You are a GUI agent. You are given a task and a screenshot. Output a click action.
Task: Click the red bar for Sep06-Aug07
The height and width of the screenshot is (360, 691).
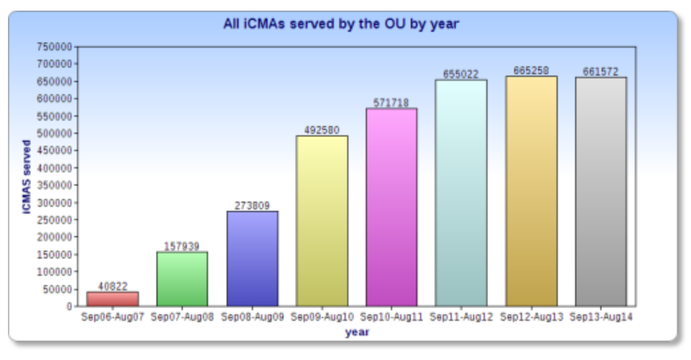pos(113,299)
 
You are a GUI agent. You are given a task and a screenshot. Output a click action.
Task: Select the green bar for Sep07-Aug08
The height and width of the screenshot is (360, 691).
pos(182,278)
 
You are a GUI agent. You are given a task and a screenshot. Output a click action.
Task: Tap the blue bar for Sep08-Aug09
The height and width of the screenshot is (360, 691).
pos(252,259)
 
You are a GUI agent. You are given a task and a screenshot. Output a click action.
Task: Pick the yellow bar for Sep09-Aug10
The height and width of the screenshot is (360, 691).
pos(322,221)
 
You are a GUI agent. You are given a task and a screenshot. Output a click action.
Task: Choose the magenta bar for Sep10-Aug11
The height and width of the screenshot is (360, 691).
pos(392,207)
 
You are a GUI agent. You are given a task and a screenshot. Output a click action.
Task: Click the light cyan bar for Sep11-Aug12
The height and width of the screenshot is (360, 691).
pos(461,192)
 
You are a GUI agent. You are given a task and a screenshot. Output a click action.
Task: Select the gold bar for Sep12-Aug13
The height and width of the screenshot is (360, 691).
pos(531,191)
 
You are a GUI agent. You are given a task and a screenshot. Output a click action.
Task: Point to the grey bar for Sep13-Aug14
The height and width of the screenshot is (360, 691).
pos(601,192)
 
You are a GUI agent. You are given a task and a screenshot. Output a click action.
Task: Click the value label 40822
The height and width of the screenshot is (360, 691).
pos(113,286)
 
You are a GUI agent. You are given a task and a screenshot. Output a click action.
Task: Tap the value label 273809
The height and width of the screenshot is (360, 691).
pos(252,206)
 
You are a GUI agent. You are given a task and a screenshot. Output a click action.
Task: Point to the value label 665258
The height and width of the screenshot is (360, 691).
pos(531,70)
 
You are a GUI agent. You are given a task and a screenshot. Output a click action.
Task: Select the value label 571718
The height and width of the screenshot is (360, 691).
pos(392,103)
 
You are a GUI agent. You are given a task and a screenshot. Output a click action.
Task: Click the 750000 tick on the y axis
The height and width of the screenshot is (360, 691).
pos(56,47)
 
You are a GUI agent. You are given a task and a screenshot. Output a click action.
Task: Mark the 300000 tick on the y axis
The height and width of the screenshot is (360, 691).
pos(56,203)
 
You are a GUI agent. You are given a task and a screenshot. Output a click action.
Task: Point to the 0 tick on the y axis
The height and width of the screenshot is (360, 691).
pos(68,307)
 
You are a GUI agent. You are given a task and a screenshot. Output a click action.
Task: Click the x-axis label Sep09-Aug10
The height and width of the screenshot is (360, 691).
pos(322,318)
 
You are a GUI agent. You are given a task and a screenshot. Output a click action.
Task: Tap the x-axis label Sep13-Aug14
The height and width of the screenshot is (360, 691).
pos(601,318)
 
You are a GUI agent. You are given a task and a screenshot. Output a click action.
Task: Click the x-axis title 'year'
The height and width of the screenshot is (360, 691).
pos(356,333)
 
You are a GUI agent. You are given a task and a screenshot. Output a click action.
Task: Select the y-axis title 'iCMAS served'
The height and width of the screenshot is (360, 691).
pos(27,176)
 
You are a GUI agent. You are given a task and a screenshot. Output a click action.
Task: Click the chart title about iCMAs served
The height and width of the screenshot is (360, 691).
pos(341,25)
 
